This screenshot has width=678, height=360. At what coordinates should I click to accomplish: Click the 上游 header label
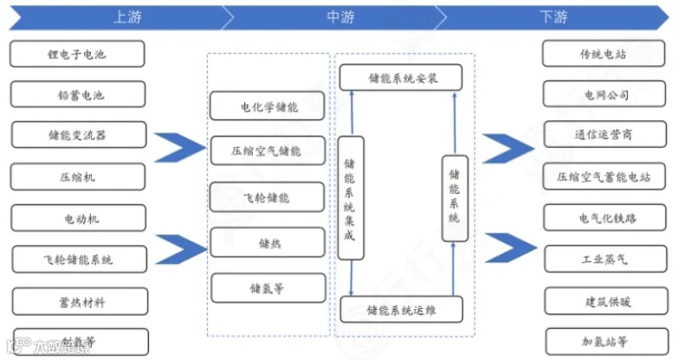click(126, 16)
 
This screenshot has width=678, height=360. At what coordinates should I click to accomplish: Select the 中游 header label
click(339, 16)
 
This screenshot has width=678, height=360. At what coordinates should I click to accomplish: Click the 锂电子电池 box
click(77, 54)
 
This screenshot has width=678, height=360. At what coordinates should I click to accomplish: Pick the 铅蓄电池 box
click(77, 94)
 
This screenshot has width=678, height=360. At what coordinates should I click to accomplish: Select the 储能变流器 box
click(77, 135)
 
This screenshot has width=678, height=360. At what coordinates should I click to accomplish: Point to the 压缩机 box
click(77, 177)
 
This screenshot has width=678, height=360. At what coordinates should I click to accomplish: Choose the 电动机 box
click(77, 218)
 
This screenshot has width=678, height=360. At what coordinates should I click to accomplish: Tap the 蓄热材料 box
click(77, 301)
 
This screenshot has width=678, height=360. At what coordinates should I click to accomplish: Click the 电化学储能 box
click(268, 107)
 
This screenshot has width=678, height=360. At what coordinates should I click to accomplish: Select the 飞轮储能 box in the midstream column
click(268, 197)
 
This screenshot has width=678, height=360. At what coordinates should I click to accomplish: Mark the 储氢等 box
click(268, 287)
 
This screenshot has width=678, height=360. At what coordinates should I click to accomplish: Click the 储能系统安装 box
click(401, 77)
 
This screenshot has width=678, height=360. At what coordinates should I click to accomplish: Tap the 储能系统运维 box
click(401, 309)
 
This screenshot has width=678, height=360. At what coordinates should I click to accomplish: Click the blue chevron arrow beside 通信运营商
click(508, 148)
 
